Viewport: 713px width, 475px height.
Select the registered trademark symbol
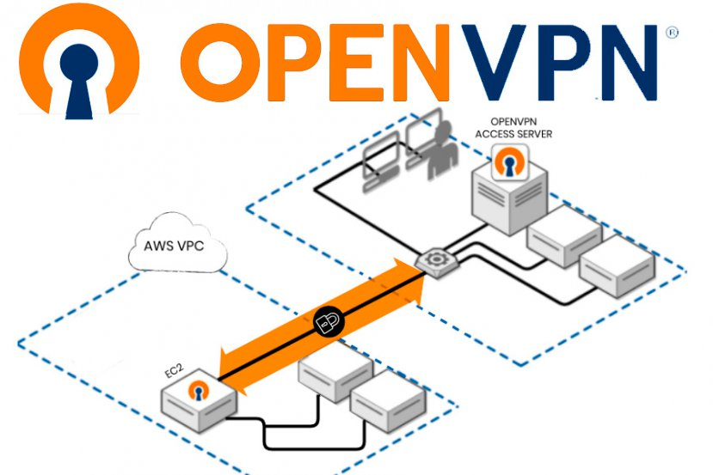pyautogui.click(x=672, y=32)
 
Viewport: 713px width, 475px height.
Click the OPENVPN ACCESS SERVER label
pyautogui.click(x=515, y=128)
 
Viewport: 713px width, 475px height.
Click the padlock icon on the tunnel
pyautogui.click(x=327, y=322)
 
